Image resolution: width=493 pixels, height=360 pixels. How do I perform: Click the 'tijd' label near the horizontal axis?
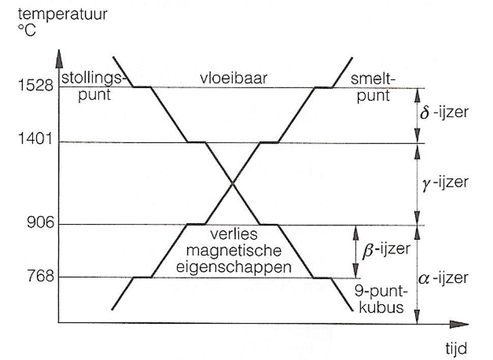click(454, 349)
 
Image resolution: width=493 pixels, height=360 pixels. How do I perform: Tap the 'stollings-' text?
click(93, 80)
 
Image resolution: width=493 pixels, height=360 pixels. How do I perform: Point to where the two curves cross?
click(232, 183)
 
